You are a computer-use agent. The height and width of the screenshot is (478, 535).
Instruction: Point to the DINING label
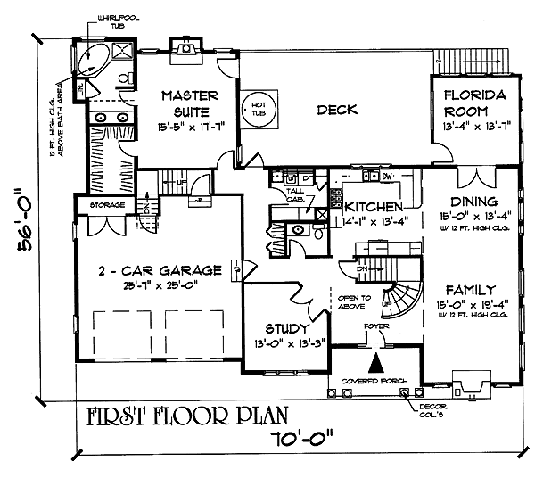pyautogui.click(x=474, y=201)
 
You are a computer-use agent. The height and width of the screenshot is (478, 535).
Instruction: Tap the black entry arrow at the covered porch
pyautogui.click(x=375, y=363)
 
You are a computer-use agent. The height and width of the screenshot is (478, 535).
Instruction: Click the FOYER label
pyautogui.click(x=374, y=326)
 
